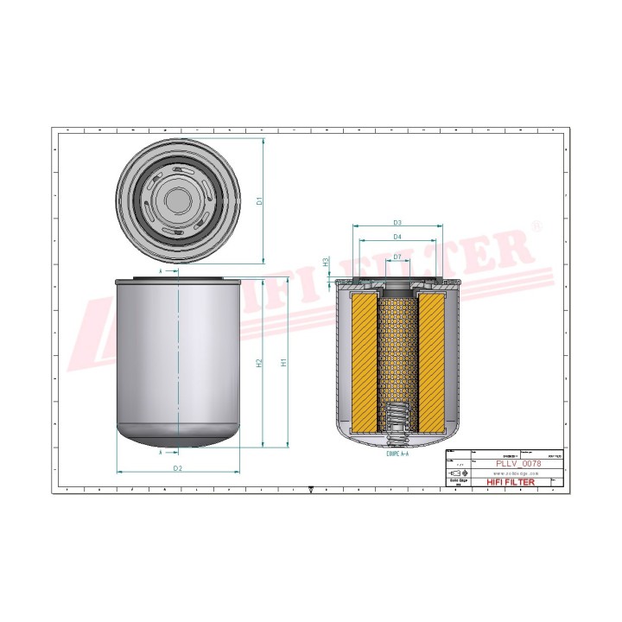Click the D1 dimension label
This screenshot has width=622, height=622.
tap(260, 200)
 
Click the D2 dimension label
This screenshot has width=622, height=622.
tap(177, 468)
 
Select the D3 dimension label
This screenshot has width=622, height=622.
tap(397, 223)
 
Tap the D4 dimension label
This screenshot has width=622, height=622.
tap(397, 236)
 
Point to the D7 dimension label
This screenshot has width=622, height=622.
tap(397, 257)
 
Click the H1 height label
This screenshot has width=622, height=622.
tap(284, 363)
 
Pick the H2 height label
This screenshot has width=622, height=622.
tap(259, 363)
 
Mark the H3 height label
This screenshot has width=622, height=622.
tap(326, 261)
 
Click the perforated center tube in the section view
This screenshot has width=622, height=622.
tap(397, 346)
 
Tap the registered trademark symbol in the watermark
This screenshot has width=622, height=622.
tap(537, 226)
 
